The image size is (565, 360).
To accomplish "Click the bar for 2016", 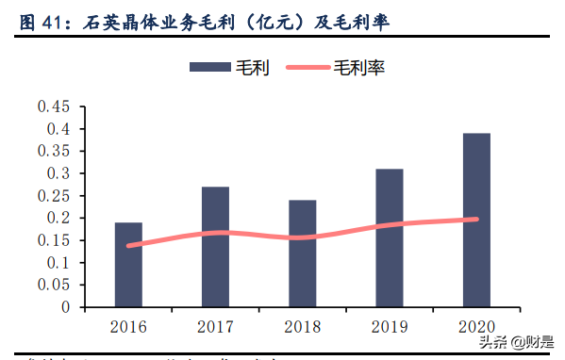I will point(128,265).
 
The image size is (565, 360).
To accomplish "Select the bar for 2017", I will point(215,247).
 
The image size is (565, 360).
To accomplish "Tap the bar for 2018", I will point(302,254).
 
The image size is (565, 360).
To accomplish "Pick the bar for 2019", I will point(389,238).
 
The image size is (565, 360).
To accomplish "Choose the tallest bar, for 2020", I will point(475,220).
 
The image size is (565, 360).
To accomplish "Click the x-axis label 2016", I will point(128,327).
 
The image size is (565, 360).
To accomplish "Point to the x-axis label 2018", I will point(302,327).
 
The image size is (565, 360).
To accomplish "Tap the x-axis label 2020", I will point(475,327).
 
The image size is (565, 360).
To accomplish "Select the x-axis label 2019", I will point(389,327).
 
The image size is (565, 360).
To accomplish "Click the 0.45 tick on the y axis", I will point(54,106).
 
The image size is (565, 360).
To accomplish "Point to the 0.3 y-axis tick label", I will point(58,173).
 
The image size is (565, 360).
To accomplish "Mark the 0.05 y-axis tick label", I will point(54,285).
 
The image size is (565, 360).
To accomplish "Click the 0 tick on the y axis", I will point(66,307).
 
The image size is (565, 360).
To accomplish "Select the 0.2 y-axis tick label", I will point(58,218).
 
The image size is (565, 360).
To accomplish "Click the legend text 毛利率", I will point(359,67).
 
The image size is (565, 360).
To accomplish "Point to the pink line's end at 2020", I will point(475,219).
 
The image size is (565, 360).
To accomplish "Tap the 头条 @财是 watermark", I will point(514,341).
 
